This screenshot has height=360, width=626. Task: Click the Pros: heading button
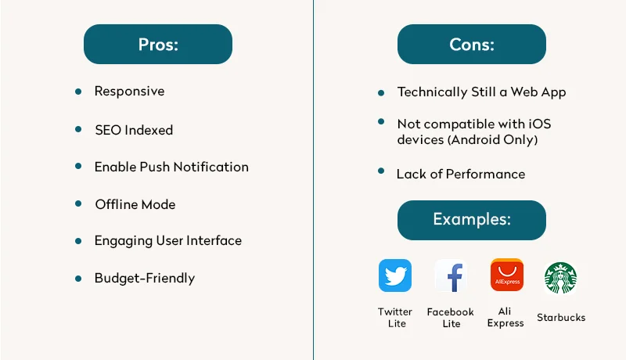pos(158,45)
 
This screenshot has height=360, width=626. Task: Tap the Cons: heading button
pos(471,45)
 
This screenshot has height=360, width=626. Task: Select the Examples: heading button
pos(471,220)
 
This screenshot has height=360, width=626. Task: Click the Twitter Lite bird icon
pos(395,275)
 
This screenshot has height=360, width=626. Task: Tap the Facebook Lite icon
pos(451,275)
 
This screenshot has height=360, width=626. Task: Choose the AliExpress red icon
pos(506,275)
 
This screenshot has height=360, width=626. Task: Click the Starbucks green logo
pos(560,278)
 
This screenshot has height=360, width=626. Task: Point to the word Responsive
pos(129,92)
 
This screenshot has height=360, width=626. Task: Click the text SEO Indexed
pos(134,130)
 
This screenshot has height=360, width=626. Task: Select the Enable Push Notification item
pos(171,167)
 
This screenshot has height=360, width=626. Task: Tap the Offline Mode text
pos(135,204)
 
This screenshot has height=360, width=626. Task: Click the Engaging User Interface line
pos(168,241)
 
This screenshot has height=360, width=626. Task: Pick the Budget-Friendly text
pos(145,279)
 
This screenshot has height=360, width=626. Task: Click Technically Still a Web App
pos(481,92)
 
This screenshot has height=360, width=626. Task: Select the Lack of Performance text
pos(460,174)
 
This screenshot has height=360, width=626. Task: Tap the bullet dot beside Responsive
pos(78,92)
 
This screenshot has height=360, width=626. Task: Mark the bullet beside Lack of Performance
pos(381,171)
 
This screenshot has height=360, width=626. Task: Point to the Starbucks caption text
pos(561,317)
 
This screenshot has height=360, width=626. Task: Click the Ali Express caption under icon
pos(505,317)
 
